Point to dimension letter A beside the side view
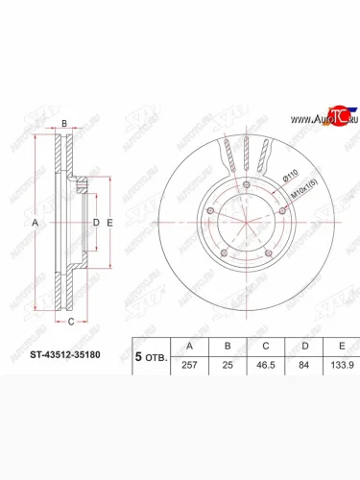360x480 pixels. click(x=36, y=222)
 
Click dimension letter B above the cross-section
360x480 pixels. click(x=63, y=125)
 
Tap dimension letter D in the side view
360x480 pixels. click(x=94, y=222)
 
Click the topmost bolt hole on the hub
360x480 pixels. click(x=248, y=185)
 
